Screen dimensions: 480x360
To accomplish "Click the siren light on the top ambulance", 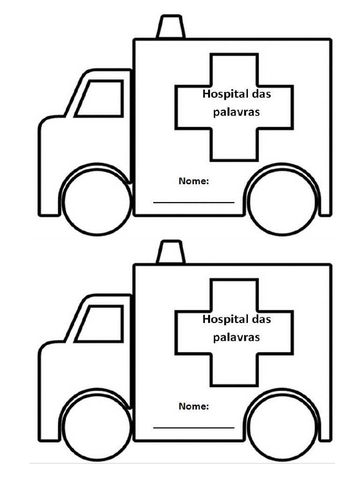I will pyautogui.click(x=171, y=27).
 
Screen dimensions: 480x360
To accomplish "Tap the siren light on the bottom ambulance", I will pyautogui.click(x=171, y=253).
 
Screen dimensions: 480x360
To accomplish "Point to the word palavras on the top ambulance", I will pyautogui.click(x=236, y=112).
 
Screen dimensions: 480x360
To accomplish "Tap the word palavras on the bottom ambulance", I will pyautogui.click(x=236, y=337).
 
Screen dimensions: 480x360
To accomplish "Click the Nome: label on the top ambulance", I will pyautogui.click(x=194, y=181).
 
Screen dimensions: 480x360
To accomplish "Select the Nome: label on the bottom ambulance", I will pyautogui.click(x=194, y=406).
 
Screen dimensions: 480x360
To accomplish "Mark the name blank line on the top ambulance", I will pyautogui.click(x=194, y=202).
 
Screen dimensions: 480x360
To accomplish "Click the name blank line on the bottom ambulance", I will pyautogui.click(x=194, y=427).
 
